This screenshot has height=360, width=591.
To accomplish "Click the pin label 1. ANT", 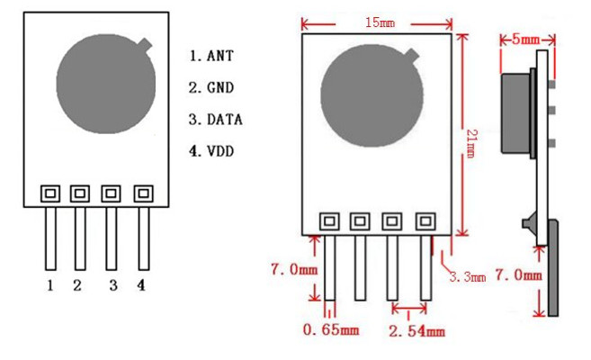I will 211,56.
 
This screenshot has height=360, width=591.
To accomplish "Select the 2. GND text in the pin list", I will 211,87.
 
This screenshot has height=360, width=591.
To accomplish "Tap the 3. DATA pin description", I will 216,119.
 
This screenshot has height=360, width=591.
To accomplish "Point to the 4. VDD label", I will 211,150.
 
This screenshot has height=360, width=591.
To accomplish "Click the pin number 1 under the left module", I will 50,286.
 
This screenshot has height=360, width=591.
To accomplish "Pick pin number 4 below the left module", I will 141,286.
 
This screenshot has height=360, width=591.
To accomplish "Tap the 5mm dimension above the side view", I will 526,40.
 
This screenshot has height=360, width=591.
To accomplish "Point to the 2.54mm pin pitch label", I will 416,331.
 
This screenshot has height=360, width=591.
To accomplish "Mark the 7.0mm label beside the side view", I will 520,274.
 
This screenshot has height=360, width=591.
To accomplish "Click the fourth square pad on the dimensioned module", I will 424,220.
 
